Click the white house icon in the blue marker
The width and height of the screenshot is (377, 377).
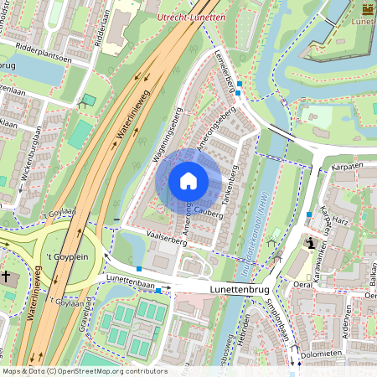point(188,181)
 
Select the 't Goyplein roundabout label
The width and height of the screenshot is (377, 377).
point(65,256)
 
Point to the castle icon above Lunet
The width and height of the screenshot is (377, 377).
point(368,9)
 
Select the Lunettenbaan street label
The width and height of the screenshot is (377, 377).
point(132,282)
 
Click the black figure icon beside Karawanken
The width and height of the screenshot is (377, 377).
point(311,244)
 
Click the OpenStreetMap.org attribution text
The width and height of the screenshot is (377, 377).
point(112,370)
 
